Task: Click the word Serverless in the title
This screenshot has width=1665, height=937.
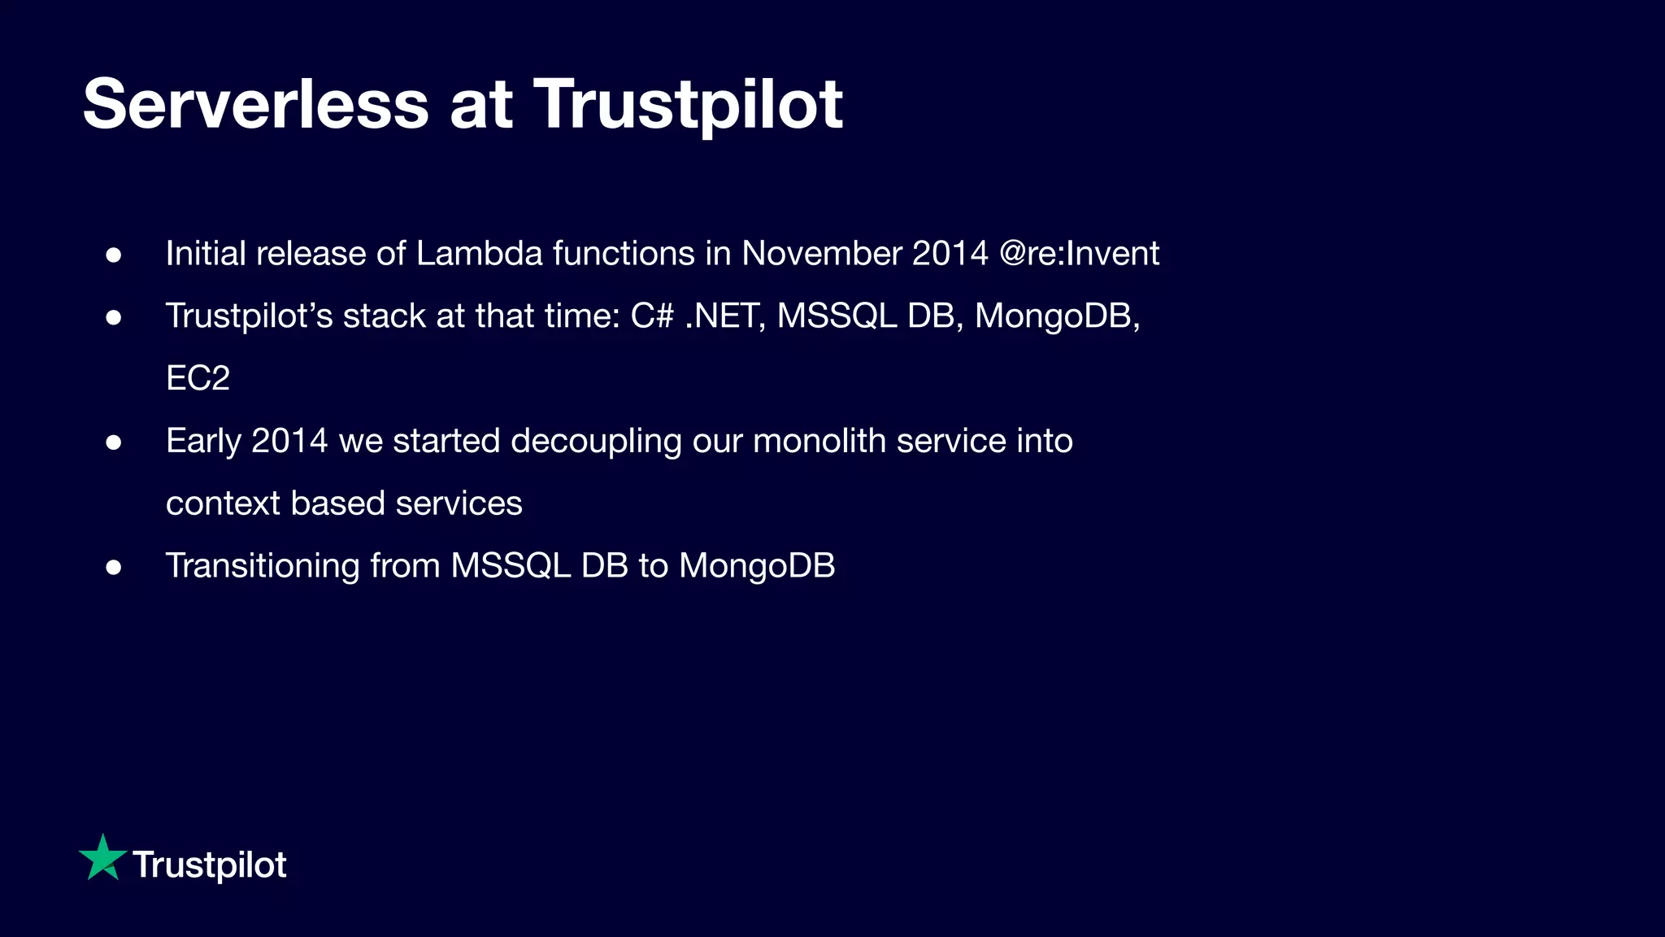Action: (x=255, y=104)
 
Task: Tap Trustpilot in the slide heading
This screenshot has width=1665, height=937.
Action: (x=688, y=104)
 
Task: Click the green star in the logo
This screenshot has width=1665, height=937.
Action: (x=102, y=858)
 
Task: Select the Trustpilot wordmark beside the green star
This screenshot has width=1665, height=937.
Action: (x=209, y=865)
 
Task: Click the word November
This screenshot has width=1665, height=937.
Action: (x=821, y=253)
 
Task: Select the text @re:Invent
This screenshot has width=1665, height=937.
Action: (x=1079, y=253)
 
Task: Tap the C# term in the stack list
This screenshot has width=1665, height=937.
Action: (x=652, y=316)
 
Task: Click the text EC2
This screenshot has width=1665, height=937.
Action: (x=198, y=378)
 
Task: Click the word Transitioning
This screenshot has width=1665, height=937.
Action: (x=262, y=566)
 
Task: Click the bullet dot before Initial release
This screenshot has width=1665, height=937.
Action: (x=114, y=255)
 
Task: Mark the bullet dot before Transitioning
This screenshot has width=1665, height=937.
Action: (x=114, y=567)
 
